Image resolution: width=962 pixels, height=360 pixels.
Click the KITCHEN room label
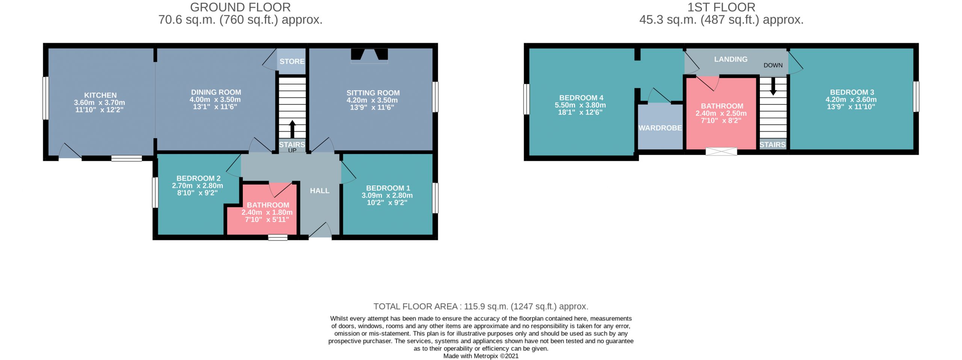coord(100,95)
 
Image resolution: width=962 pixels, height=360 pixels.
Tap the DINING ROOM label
coord(216,92)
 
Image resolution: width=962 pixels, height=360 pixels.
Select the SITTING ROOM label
coord(373,93)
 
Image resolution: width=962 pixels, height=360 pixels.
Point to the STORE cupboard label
coord(292,61)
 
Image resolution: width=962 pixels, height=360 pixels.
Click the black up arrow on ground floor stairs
coord(292,129)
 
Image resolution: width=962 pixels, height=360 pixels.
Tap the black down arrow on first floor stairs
coord(773,86)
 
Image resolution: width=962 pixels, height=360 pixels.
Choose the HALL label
coord(320,191)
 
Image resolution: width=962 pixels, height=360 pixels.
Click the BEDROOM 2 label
coord(198,178)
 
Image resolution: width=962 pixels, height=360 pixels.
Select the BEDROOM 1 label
coord(388,188)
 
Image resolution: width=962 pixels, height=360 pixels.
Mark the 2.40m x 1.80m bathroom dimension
coord(267,212)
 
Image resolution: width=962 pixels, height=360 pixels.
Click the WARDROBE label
coord(660,128)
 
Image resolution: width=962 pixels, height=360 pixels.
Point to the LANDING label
coord(731,59)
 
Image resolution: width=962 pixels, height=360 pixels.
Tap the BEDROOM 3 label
coord(852,92)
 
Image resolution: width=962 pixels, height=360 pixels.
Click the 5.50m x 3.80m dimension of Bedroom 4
coord(580,105)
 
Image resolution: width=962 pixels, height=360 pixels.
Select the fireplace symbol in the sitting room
coord(369,54)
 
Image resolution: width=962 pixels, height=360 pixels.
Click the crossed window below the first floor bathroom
coord(721,151)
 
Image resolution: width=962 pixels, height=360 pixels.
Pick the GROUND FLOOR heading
coord(240,7)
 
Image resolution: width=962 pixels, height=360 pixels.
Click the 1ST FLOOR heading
coord(721,7)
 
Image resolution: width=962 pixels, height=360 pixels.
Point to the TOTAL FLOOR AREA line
coord(481,307)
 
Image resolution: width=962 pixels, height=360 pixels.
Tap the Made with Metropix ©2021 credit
coord(481,356)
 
